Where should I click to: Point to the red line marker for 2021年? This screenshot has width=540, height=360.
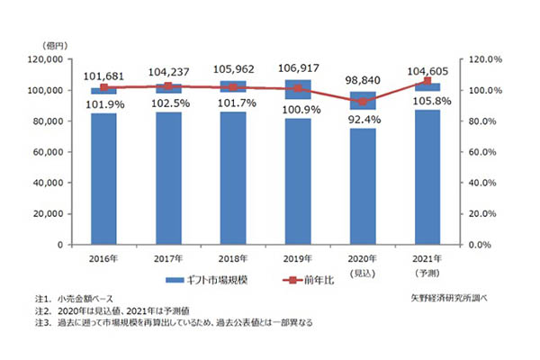click(x=427, y=81)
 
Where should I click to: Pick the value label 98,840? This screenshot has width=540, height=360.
click(x=363, y=79)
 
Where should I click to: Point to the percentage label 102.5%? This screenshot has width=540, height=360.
click(x=168, y=104)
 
